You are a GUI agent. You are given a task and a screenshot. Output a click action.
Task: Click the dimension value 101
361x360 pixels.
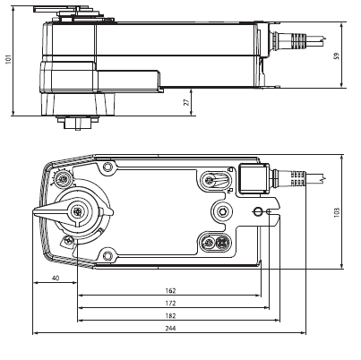tap(8, 59)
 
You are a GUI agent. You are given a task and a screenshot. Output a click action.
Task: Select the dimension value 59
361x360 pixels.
tap(337, 56)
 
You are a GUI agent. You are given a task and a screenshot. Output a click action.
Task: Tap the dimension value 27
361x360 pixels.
tap(186, 102)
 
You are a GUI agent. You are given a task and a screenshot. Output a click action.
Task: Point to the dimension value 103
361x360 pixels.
tap(337, 212)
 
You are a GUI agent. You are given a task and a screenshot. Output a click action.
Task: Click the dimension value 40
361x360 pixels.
tap(56, 278)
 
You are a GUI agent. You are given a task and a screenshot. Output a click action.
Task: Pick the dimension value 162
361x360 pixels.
tap(170, 290)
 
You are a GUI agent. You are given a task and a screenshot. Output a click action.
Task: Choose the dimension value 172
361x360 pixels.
tap(170, 304)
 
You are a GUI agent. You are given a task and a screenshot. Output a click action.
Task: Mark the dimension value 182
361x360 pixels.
tap(170, 316)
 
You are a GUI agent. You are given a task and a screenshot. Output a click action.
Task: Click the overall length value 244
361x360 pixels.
tap(170, 329)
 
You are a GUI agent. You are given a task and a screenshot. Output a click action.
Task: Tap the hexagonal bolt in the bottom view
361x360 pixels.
tap(222, 211)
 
